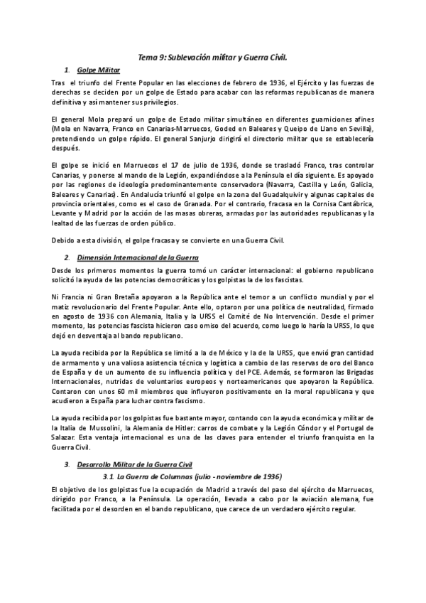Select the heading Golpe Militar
(x=99, y=70)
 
